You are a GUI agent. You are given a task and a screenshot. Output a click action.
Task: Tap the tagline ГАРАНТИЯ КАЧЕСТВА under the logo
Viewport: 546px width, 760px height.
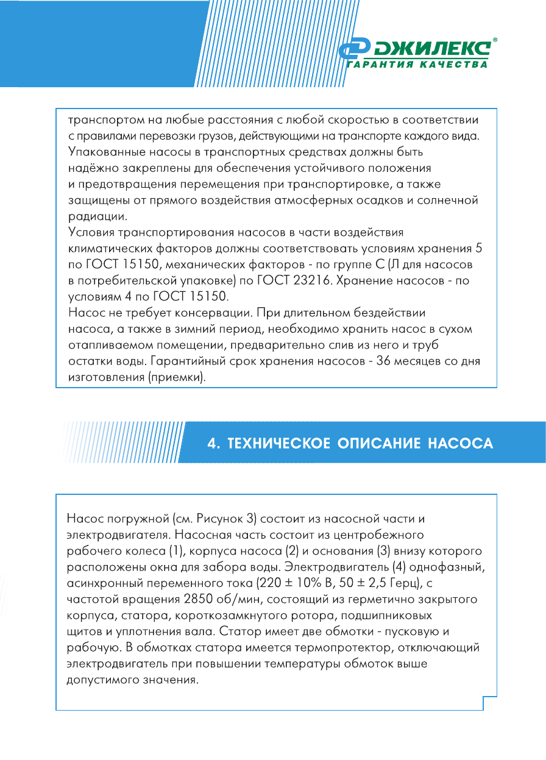417,65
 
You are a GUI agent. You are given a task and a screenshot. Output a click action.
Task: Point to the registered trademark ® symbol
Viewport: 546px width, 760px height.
495,39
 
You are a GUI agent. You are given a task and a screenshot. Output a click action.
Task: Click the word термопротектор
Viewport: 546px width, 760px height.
342,646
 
